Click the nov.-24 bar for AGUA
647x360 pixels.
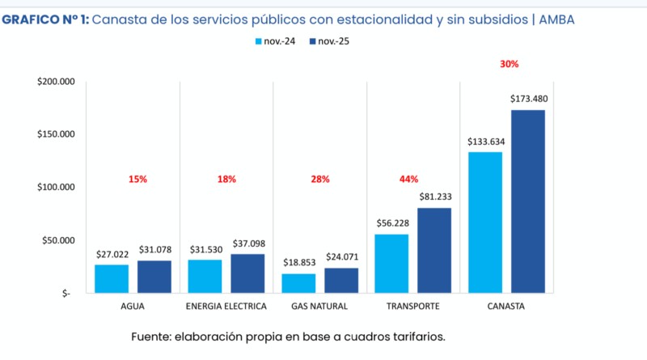112,278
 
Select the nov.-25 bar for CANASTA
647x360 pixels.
527,201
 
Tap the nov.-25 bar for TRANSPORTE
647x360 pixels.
434,250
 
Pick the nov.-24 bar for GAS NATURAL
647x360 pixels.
298,283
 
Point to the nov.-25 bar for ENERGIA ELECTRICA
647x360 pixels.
247,273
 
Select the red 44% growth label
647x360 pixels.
409,179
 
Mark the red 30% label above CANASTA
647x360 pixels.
509,63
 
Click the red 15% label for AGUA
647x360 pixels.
137,179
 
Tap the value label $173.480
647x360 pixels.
528,99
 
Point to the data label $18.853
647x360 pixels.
298,263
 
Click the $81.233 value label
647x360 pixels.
434,197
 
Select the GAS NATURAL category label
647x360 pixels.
319,307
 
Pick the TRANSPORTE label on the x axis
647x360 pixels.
413,307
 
